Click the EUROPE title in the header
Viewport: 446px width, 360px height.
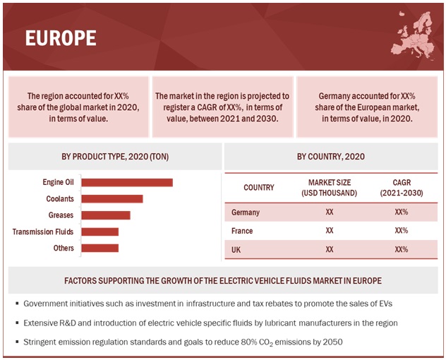coord(61,38)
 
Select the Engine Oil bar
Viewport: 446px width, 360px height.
coord(127,182)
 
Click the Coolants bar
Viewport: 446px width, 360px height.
coord(112,199)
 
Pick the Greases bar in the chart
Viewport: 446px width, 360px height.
coord(106,215)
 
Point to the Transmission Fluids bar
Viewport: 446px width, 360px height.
coord(100,232)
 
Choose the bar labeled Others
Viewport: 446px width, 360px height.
coord(100,248)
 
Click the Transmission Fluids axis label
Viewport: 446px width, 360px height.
coord(43,232)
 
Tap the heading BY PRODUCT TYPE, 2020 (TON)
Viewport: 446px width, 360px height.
coord(115,157)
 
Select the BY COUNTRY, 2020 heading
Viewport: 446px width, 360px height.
coord(332,157)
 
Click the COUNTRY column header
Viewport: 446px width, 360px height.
coord(259,188)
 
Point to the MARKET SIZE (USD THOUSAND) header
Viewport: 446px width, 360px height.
coord(330,188)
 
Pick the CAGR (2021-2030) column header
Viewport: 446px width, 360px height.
coord(401,188)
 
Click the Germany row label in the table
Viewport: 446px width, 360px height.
coord(246,212)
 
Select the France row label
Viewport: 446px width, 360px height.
coord(243,231)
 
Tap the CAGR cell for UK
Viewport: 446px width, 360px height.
coord(401,249)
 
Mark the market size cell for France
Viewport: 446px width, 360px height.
coord(330,231)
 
